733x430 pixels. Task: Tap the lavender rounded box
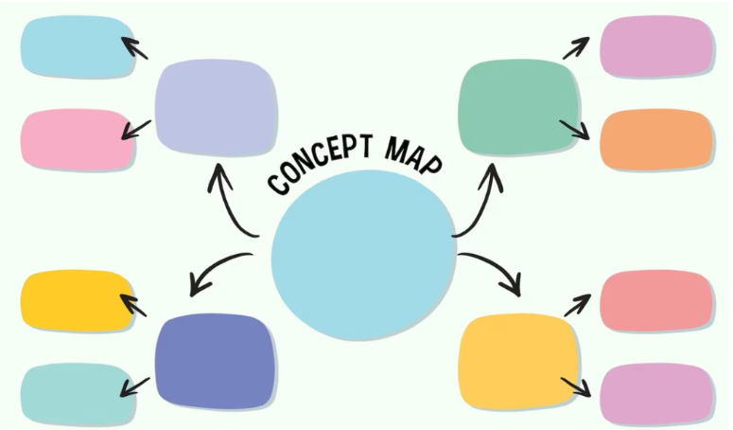pos(217,107)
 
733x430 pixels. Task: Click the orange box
pos(656,140)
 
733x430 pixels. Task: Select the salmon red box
pos(656,301)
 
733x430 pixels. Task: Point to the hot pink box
pos(77,140)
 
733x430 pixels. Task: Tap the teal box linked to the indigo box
pos(77,394)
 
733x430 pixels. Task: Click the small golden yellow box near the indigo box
pos(77,301)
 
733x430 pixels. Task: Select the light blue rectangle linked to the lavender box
pos(77,47)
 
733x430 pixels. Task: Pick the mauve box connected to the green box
pos(656,46)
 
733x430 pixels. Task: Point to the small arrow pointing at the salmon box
pos(577,305)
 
